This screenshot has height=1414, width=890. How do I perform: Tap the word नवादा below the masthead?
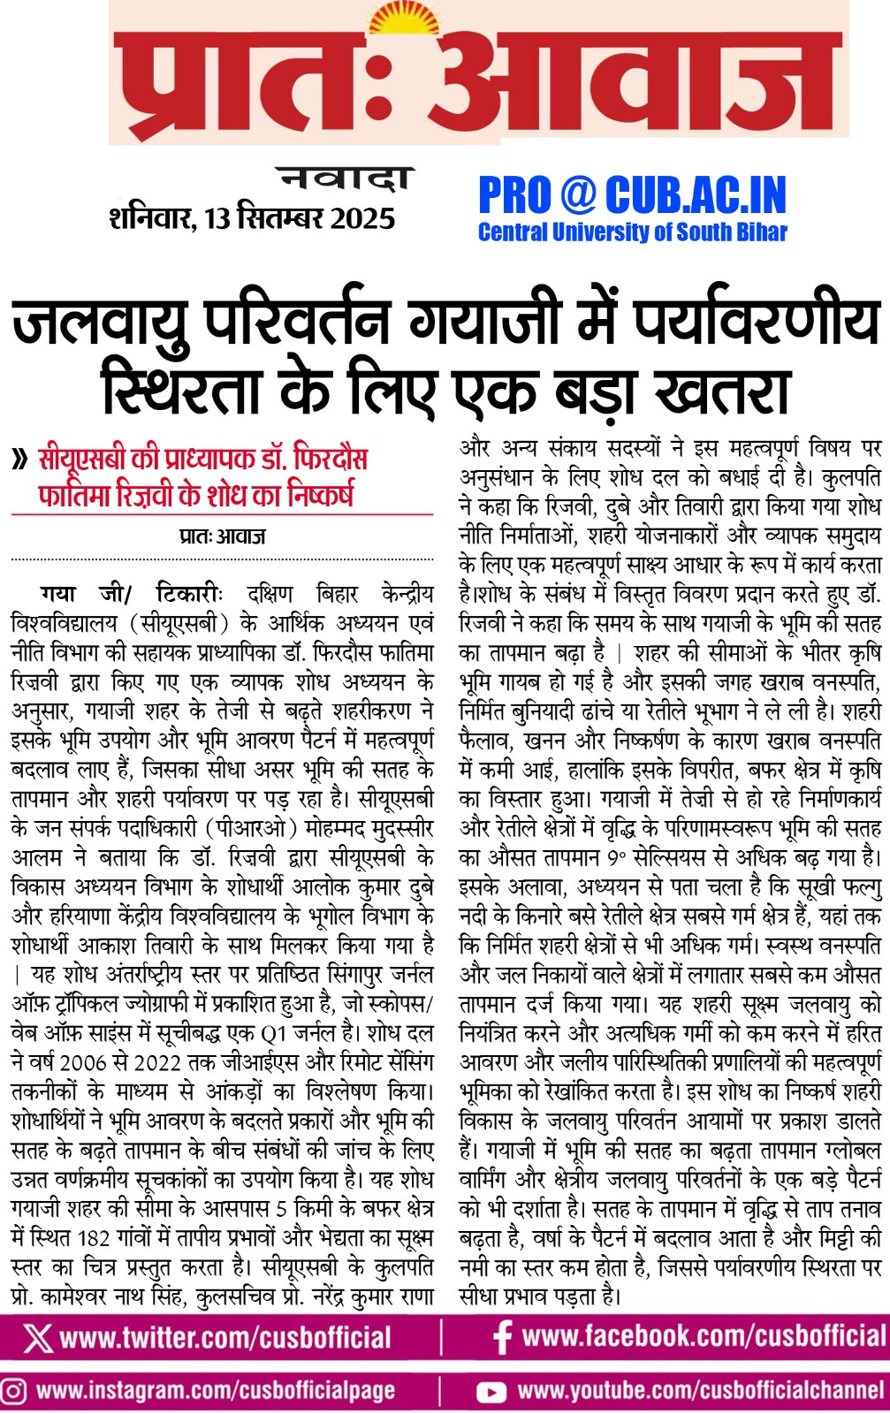coord(345,179)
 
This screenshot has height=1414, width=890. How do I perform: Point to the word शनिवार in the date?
coord(151,218)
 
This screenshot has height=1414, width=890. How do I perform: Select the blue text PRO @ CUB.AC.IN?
coord(632,195)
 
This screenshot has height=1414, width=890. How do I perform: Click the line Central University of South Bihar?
coord(632,232)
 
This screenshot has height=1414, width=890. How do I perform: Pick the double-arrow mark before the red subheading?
coord(19,460)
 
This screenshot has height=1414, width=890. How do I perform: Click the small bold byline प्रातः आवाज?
coord(222,536)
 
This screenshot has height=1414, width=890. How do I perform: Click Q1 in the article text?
coord(274,1033)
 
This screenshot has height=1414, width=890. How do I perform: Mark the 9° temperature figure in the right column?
coord(615,857)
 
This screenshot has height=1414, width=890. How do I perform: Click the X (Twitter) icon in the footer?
coord(37,1337)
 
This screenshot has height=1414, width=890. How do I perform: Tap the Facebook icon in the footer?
coord(502,1336)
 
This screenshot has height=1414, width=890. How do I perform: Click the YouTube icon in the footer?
coord(491,1393)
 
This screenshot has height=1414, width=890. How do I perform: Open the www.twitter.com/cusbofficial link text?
coord(225,1337)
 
